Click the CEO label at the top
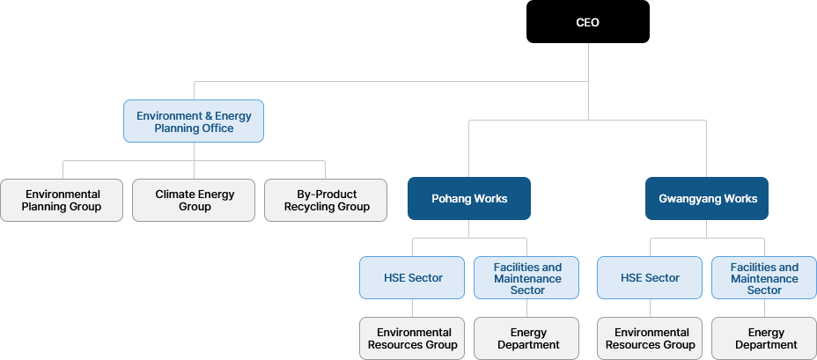pyautogui.click(x=587, y=23)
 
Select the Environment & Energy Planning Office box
pyautogui.click(x=194, y=121)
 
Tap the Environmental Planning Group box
pyautogui.click(x=62, y=200)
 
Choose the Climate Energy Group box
pyautogui.click(x=194, y=200)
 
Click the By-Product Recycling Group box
pyautogui.click(x=326, y=200)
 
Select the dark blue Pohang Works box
pyautogui.click(x=469, y=198)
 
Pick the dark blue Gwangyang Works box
pyautogui.click(x=707, y=198)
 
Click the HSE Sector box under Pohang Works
pyautogui.click(x=412, y=277)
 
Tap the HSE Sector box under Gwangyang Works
pyautogui.click(x=650, y=277)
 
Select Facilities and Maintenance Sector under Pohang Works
pyautogui.click(x=526, y=278)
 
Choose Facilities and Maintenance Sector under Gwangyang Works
pyautogui.click(x=764, y=278)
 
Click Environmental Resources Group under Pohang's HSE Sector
pyautogui.click(x=412, y=338)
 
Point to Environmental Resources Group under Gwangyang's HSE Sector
pyautogui.click(x=650, y=338)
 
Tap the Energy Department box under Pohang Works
pyautogui.click(x=526, y=338)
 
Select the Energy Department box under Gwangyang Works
pyautogui.click(x=764, y=338)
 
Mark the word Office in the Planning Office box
pyautogui.click(x=217, y=129)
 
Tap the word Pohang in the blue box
pyautogui.click(x=451, y=199)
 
